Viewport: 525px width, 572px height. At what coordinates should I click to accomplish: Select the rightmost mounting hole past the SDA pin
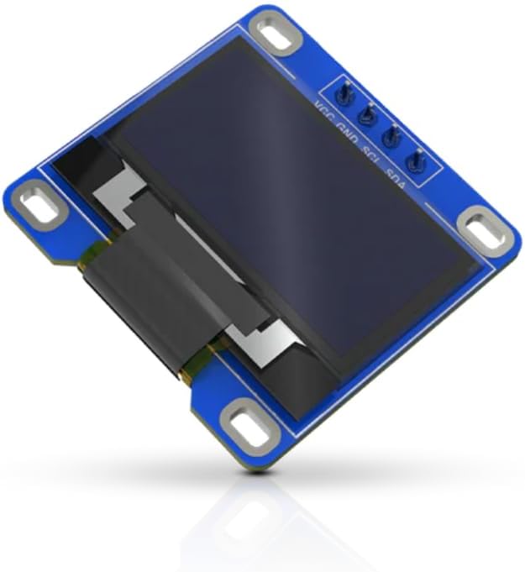click(x=485, y=228)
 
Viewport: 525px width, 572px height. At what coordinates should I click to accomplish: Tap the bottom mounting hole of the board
click(x=246, y=427)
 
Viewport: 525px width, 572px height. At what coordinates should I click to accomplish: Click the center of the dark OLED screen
click(x=294, y=210)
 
